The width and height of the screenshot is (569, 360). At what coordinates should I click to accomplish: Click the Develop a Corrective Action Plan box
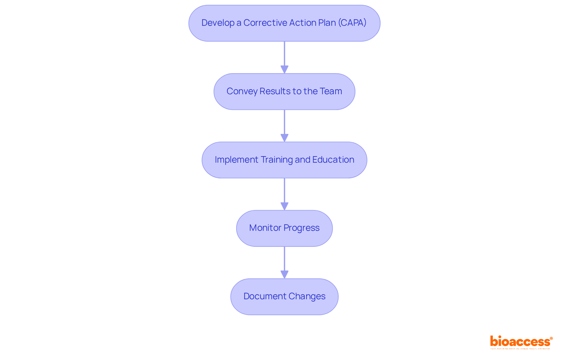click(x=284, y=23)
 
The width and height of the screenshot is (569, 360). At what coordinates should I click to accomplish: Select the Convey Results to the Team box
click(x=284, y=92)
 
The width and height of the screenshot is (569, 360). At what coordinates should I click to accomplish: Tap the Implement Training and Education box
click(x=284, y=160)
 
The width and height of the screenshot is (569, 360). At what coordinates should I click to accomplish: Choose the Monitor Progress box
click(x=284, y=228)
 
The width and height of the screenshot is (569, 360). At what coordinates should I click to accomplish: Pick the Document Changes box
click(x=284, y=297)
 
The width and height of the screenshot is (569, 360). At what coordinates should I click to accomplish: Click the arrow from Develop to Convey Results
click(x=284, y=57)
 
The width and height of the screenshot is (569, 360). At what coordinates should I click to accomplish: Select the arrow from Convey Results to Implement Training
click(x=284, y=126)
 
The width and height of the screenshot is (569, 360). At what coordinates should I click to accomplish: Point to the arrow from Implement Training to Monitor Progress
click(x=284, y=194)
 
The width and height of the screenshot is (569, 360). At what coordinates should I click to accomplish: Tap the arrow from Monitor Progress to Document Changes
click(x=284, y=263)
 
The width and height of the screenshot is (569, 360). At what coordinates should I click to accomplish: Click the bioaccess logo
click(x=521, y=341)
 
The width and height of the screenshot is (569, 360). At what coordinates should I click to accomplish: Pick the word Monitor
click(x=265, y=228)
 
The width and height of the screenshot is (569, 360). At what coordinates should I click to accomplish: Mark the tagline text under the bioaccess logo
click(x=520, y=349)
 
